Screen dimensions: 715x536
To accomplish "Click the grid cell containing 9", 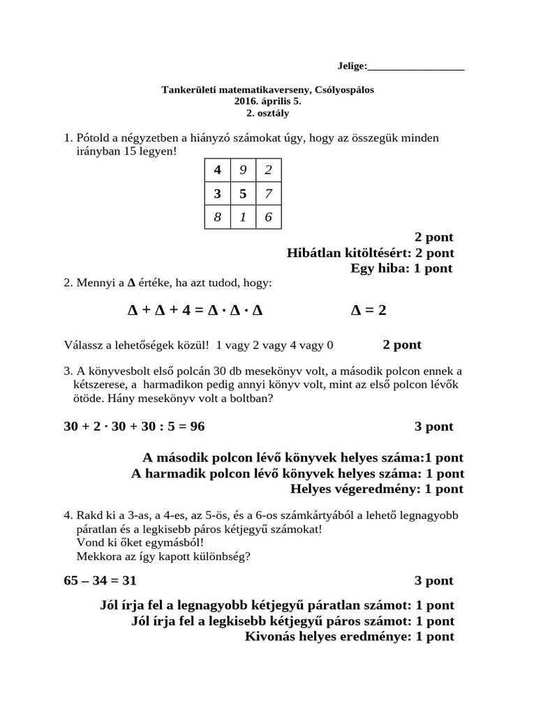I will click(x=243, y=170).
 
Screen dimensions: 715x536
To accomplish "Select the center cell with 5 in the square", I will click(x=243, y=193).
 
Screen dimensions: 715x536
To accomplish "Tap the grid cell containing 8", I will click(x=217, y=217).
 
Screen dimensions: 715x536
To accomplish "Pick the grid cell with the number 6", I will click(x=269, y=217).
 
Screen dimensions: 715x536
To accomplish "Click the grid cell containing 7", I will click(x=269, y=193).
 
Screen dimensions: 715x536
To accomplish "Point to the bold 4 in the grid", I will click(x=217, y=170).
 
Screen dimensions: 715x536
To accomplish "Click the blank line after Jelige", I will click(x=416, y=66).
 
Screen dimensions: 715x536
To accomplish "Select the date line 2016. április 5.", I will click(x=268, y=101).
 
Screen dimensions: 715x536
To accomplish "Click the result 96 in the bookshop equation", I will click(x=197, y=426).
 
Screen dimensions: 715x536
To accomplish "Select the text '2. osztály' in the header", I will click(x=268, y=112).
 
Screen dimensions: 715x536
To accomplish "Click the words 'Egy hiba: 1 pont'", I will click(x=401, y=268).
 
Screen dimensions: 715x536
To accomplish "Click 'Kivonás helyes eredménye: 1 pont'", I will click(x=350, y=636).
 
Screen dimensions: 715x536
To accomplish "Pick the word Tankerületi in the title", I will click(x=189, y=90).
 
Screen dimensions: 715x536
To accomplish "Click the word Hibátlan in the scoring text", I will click(x=312, y=253).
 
